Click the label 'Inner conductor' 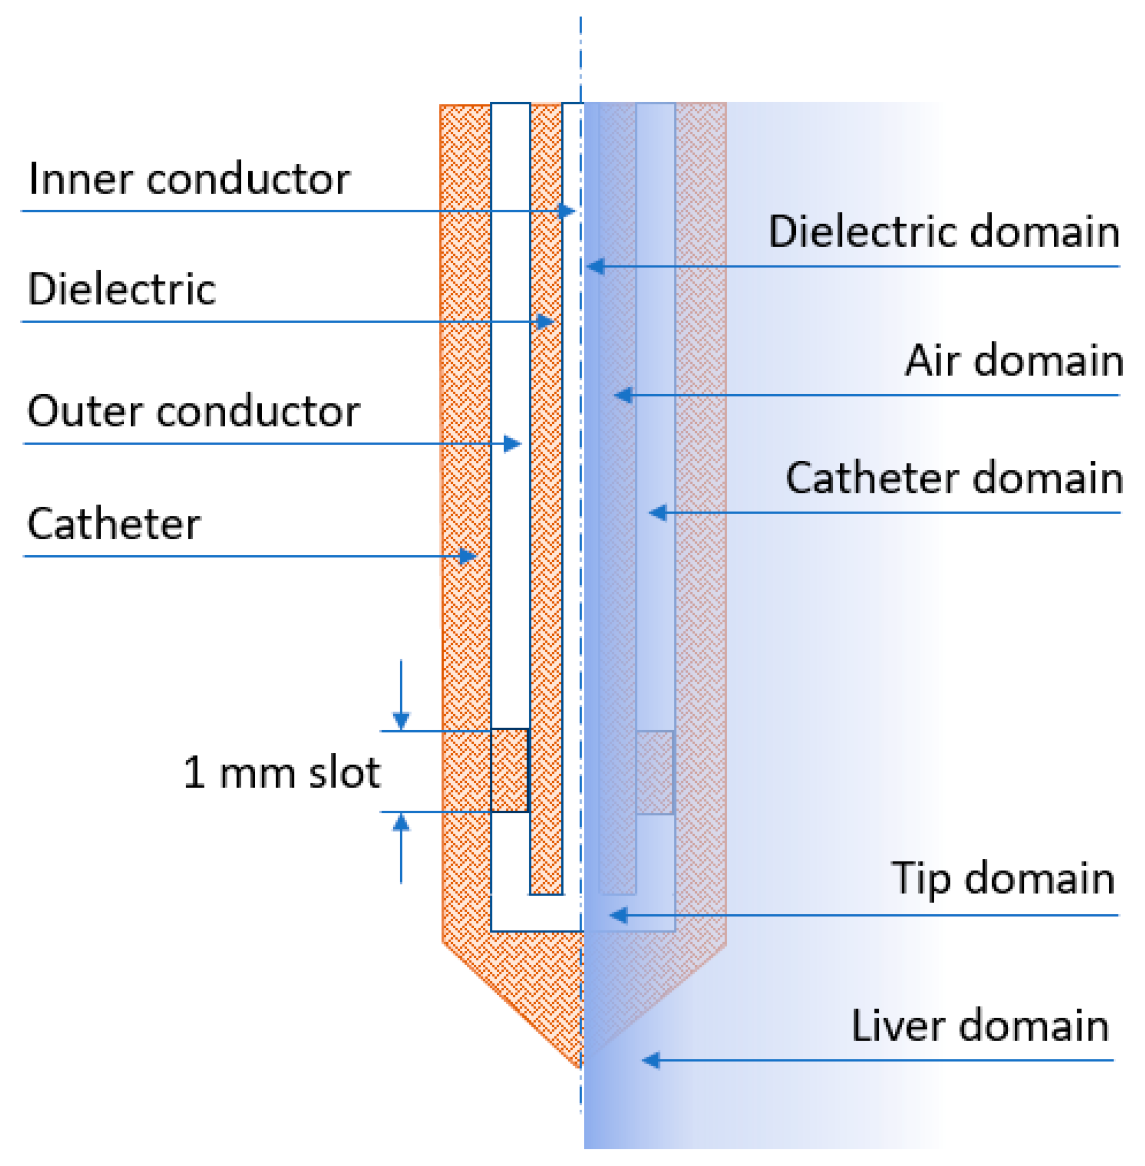[x=189, y=179]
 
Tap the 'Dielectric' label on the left [x=122, y=289]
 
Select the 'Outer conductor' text [x=194, y=412]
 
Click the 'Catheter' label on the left [x=114, y=524]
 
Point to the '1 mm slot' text [x=281, y=773]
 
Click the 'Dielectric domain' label [x=943, y=231]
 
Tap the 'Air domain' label [x=1014, y=361]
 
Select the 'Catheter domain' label [x=954, y=478]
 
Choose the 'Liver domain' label [x=980, y=1026]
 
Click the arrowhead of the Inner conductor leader [x=567, y=212]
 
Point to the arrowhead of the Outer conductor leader [x=512, y=444]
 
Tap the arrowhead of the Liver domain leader [x=651, y=1061]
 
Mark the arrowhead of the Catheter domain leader [x=658, y=513]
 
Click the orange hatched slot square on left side [x=510, y=771]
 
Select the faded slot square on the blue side [x=655, y=773]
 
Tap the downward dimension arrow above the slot [x=401, y=720]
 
